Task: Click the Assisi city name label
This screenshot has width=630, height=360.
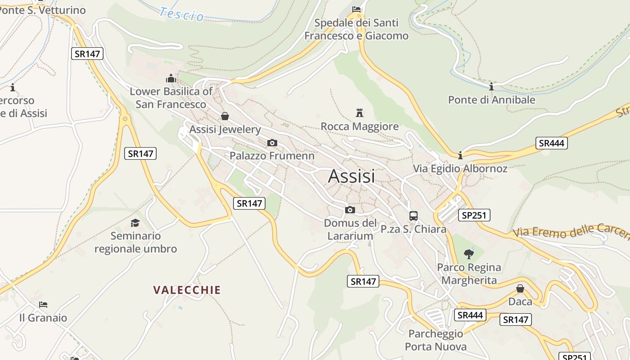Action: (351, 176)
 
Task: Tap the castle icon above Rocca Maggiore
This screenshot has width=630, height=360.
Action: (360, 112)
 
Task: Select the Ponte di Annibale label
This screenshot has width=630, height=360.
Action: (491, 99)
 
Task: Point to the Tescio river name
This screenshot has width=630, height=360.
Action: (182, 14)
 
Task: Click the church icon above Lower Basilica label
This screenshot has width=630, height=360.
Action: (171, 78)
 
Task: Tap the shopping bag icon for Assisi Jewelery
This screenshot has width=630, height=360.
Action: (225, 116)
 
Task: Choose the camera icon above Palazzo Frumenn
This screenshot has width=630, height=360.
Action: (272, 143)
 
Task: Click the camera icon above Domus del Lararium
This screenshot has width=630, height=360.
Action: (350, 210)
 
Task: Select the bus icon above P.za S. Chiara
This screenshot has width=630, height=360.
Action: (414, 216)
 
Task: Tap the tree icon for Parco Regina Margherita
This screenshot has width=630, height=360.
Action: (469, 254)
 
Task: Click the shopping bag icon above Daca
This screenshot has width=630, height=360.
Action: (520, 288)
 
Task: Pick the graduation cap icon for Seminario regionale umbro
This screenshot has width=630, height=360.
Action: (135, 223)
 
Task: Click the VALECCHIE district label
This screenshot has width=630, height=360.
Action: (187, 290)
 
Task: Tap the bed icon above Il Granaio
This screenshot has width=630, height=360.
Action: (43, 305)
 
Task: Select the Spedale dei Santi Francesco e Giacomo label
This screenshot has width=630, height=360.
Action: (356, 29)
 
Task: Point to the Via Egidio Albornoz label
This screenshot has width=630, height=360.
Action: (460, 169)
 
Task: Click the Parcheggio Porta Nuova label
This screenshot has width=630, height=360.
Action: (436, 340)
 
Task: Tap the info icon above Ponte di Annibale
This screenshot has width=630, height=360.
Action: (491, 86)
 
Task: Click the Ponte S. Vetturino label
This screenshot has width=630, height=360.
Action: (43, 10)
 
